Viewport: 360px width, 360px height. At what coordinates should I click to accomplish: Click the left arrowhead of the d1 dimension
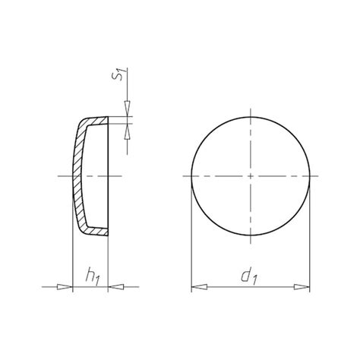tap(195, 287)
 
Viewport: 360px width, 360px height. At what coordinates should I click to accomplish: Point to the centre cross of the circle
tap(251, 175)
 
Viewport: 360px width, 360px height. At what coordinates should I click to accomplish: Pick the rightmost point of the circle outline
tap(311, 175)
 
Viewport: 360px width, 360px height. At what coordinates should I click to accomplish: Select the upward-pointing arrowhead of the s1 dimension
tap(127, 128)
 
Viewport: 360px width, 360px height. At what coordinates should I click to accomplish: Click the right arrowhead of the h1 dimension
tap(114, 287)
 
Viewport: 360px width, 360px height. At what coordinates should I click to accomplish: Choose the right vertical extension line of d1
tap(311, 251)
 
